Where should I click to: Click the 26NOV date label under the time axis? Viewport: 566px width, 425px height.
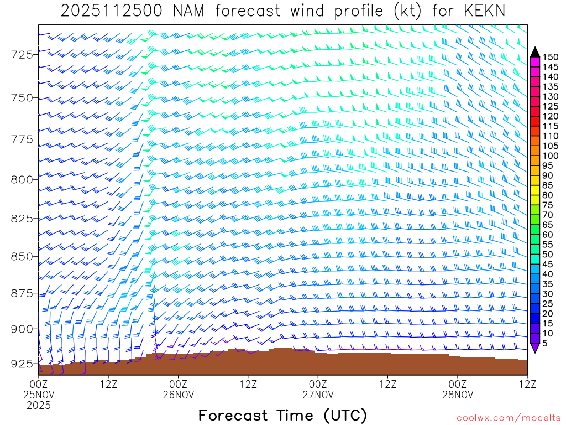[179, 394]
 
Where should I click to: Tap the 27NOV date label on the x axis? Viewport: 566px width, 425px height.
[318, 394]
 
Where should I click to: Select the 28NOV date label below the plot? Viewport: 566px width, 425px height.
[458, 394]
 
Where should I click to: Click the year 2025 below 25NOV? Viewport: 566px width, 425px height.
[39, 405]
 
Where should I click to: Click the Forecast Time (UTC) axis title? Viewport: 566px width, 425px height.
[282, 415]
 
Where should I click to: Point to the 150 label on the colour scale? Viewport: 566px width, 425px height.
[551, 56]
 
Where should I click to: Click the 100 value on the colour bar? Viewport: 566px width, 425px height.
[551, 156]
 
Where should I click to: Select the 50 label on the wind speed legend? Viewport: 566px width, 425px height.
[548, 254]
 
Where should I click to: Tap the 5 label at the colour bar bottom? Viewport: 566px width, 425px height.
[546, 343]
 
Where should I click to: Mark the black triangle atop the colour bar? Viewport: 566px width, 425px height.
[535, 52]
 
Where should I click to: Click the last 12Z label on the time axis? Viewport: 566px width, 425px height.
[527, 383]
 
